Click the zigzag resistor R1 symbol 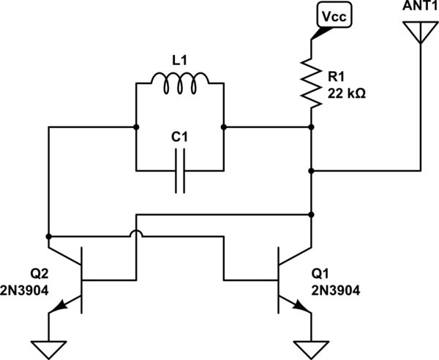click(312, 82)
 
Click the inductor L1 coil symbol click(180, 85)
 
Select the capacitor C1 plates click(180, 171)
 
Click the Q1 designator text click(321, 273)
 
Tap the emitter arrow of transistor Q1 click(301, 307)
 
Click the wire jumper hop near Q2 click(137, 236)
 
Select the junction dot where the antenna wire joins click(312, 171)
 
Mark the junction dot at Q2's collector click(49, 237)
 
